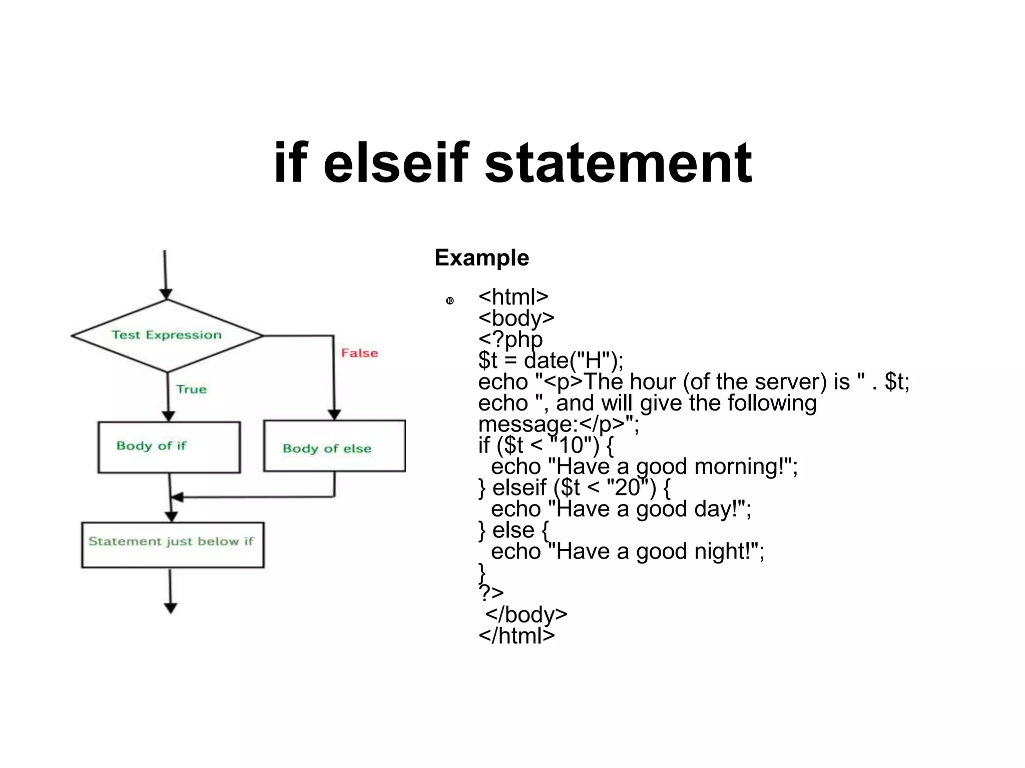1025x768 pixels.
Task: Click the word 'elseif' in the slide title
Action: pyautogui.click(x=395, y=163)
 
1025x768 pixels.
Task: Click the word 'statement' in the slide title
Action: pyautogui.click(x=618, y=163)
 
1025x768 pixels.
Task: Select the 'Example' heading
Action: pyautogui.click(x=481, y=258)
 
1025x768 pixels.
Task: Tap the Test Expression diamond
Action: pyautogui.click(x=167, y=335)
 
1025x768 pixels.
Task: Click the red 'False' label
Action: pyautogui.click(x=359, y=353)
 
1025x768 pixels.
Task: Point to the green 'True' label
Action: pyautogui.click(x=191, y=389)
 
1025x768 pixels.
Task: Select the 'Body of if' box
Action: pyautogui.click(x=169, y=446)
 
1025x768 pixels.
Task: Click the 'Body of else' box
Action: pyautogui.click(x=334, y=446)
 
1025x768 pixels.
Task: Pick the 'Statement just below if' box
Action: pyautogui.click(x=173, y=544)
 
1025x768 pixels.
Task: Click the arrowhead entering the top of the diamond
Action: pyautogui.click(x=166, y=293)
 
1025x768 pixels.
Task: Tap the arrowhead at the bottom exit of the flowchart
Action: pyautogui.click(x=171, y=607)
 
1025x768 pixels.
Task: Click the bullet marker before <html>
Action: pyautogui.click(x=449, y=300)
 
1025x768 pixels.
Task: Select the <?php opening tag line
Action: pyautogui.click(x=510, y=339)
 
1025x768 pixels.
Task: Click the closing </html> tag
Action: pyautogui.click(x=517, y=636)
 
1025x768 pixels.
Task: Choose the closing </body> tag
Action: pyautogui.click(x=526, y=614)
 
